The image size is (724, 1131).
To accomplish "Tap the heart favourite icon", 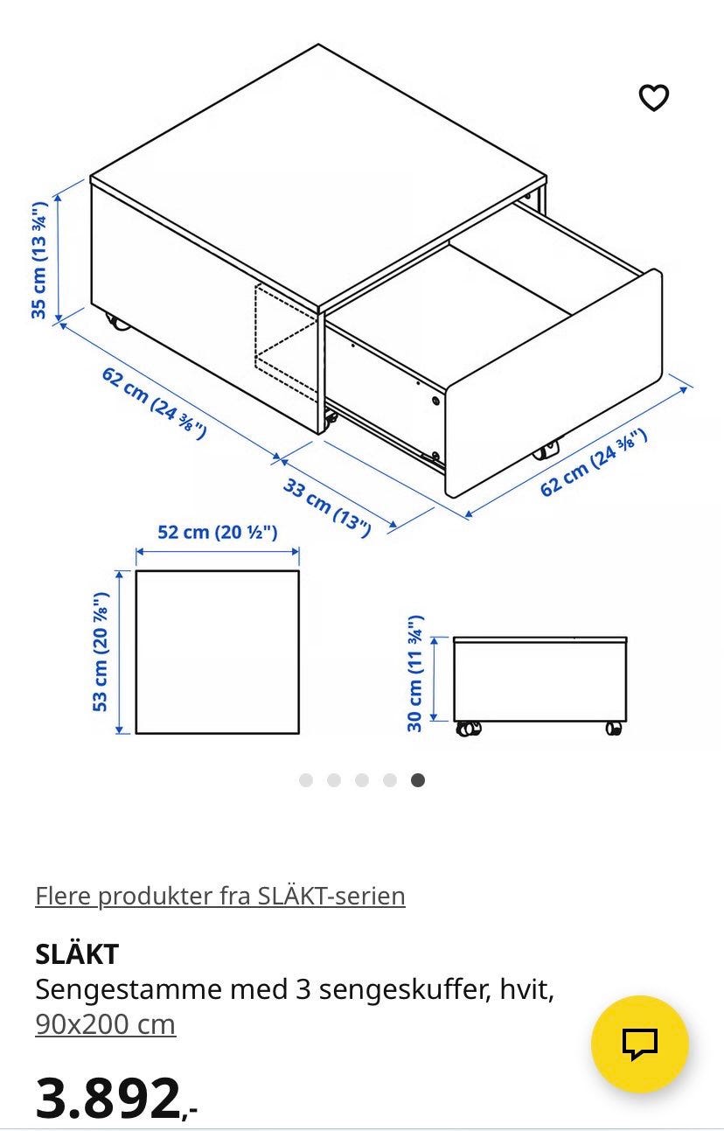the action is click(654, 97).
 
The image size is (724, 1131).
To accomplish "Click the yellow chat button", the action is click(640, 1044).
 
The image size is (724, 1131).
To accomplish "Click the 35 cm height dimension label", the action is click(38, 260).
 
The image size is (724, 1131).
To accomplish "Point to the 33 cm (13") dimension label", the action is click(327, 506).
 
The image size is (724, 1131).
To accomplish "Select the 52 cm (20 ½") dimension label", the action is click(218, 532).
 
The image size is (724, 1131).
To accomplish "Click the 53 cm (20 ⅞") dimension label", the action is click(101, 652).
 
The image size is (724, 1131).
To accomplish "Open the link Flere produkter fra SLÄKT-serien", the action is click(220, 897).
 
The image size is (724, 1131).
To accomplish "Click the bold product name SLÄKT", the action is click(77, 953).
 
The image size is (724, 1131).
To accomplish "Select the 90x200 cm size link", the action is click(106, 1024).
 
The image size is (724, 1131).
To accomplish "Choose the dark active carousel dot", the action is click(418, 780).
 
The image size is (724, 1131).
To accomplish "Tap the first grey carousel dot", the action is click(306, 780).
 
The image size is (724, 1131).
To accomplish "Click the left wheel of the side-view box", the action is click(468, 729).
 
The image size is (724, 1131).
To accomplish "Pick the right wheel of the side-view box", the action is click(614, 728).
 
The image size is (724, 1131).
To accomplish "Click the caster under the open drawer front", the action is click(546, 450).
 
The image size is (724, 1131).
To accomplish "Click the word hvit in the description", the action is click(526, 989).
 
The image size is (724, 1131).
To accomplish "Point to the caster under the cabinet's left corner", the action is click(118, 322).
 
